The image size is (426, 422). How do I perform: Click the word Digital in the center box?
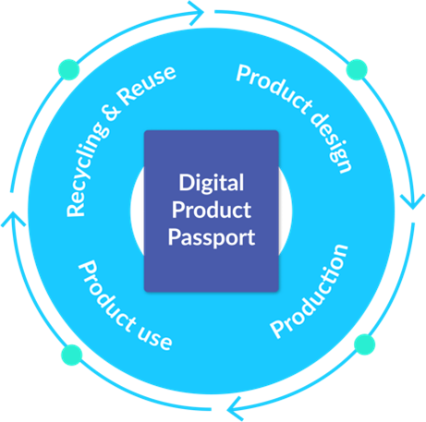pos(212,184)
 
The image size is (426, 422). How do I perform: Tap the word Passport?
pos(212,238)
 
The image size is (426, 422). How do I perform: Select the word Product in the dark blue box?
pos(212,210)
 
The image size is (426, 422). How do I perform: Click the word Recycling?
pos(87,169)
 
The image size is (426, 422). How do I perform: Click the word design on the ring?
pos(331,142)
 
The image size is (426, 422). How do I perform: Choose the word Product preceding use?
pos(106,296)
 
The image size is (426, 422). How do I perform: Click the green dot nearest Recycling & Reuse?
pos(68,69)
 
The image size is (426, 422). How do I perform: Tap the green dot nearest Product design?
pos(357,69)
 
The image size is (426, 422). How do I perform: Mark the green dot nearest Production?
pos(365,344)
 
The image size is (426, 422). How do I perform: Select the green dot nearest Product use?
pos(72,355)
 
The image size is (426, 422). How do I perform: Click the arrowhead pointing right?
pos(197,13)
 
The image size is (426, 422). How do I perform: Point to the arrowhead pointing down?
pos(413,201)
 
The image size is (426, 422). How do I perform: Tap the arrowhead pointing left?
pos(235,409)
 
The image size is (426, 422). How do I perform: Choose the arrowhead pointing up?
pos(13,219)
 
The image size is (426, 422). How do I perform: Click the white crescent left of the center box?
pos(137,211)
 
